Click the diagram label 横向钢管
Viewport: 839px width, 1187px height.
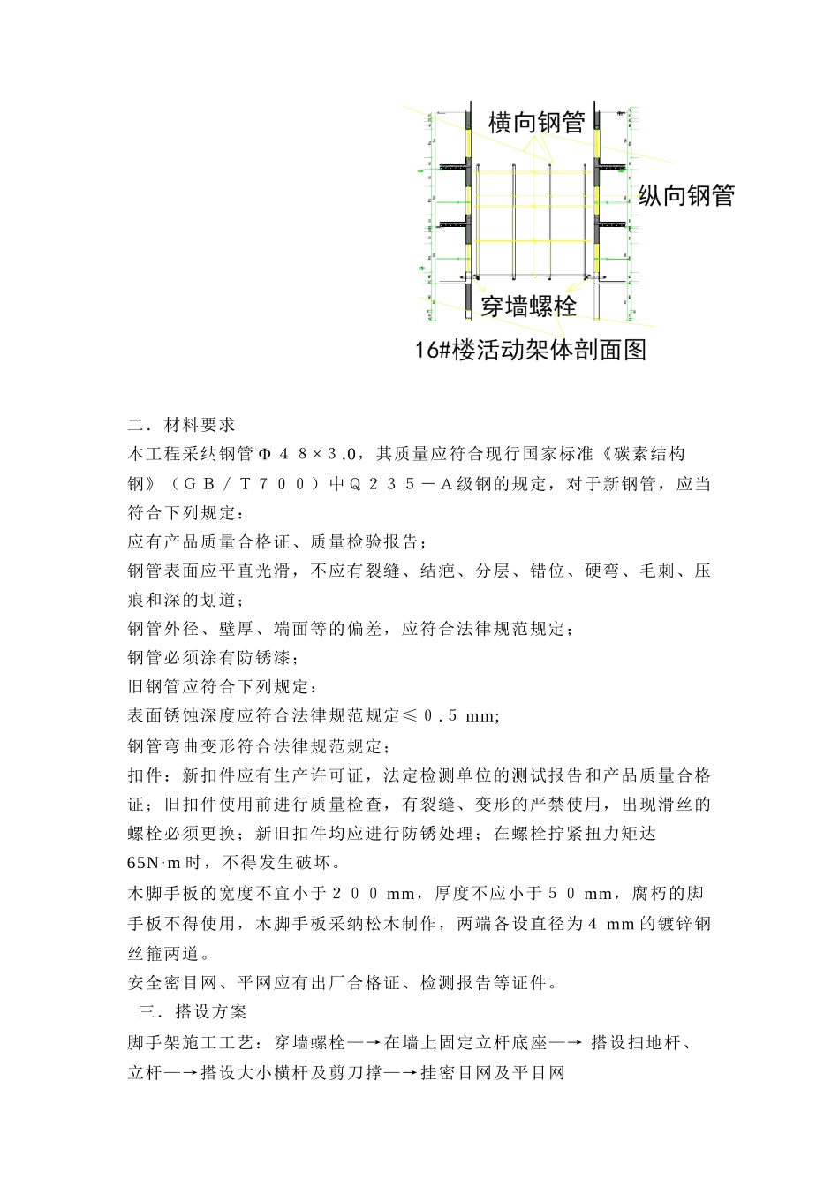536,123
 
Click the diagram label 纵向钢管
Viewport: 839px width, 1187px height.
686,195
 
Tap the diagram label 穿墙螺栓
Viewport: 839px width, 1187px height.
528,306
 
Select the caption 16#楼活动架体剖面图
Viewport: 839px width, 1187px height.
531,350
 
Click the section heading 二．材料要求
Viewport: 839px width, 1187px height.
182,425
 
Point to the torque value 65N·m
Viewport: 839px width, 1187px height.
154,862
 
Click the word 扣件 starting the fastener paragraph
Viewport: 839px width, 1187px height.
145,775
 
